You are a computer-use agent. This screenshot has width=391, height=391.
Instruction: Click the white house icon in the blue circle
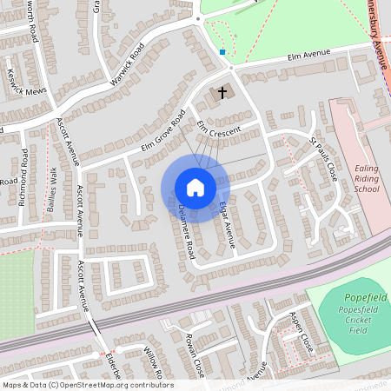[195, 188]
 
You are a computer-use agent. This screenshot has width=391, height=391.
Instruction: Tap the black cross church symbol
[222, 91]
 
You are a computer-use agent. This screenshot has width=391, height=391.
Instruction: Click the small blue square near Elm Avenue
[222, 52]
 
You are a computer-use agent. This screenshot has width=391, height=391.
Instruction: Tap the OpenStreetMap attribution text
[87, 385]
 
